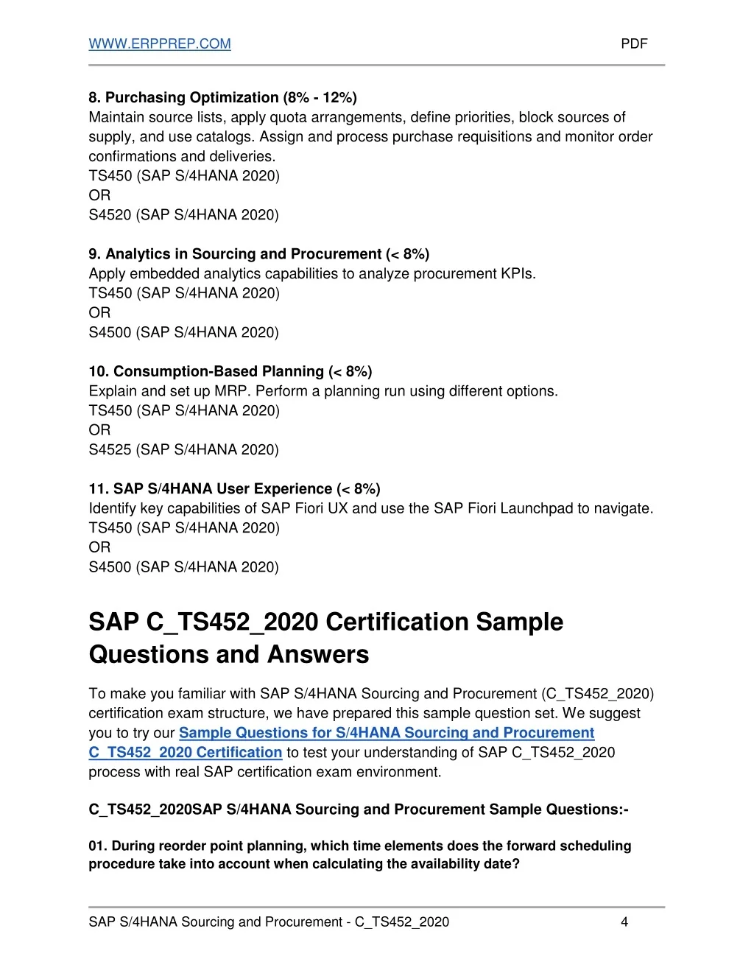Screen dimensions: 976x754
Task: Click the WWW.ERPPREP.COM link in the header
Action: (x=160, y=44)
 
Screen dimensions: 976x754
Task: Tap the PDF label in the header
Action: (x=634, y=44)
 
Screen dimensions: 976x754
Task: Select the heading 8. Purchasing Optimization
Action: (x=183, y=98)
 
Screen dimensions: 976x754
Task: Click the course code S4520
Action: (x=110, y=215)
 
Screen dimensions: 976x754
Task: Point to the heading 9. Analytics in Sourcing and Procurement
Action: (x=236, y=254)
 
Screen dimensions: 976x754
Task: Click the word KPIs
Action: (x=518, y=274)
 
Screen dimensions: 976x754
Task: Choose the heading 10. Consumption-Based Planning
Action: (x=206, y=371)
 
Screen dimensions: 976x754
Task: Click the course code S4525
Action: (x=110, y=450)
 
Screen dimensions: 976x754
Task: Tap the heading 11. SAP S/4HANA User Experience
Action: (x=211, y=489)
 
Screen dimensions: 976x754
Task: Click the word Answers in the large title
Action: (x=317, y=655)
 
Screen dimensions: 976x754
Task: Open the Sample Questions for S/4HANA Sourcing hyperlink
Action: (x=387, y=733)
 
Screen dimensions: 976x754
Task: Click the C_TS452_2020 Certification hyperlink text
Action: (x=186, y=753)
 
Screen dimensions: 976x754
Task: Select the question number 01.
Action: (x=97, y=846)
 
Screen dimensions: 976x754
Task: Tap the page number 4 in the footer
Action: (x=624, y=922)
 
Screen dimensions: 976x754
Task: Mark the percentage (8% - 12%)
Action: (x=320, y=98)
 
